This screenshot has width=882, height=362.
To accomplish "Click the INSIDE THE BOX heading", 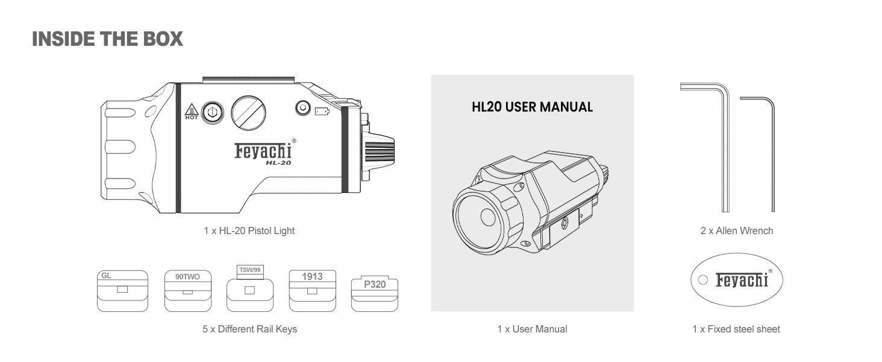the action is click(x=107, y=39).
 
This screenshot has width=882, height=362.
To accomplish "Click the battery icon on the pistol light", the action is click(x=322, y=112).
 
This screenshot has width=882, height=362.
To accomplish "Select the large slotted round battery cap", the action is click(x=248, y=113).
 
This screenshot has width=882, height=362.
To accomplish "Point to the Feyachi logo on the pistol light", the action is click(x=263, y=151).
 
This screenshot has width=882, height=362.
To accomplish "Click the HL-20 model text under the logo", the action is click(x=278, y=162).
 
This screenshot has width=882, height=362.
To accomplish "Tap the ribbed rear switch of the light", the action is click(x=379, y=151).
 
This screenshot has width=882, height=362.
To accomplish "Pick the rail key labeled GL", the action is click(x=122, y=291).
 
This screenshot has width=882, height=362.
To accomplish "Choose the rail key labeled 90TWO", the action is click(x=188, y=291).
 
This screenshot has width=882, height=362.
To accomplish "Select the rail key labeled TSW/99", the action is click(x=250, y=288).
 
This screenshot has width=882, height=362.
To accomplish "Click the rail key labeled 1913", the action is click(x=312, y=291).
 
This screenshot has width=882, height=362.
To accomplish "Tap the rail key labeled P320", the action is click(x=375, y=294).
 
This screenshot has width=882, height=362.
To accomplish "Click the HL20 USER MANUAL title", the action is click(x=532, y=107).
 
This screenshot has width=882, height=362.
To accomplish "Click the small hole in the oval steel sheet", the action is click(x=703, y=280).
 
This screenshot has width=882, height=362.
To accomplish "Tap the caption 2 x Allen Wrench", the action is click(x=737, y=230).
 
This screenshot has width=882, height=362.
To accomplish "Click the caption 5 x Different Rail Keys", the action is click(x=249, y=329).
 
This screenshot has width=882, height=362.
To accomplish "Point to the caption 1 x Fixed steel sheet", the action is click(x=736, y=329).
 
